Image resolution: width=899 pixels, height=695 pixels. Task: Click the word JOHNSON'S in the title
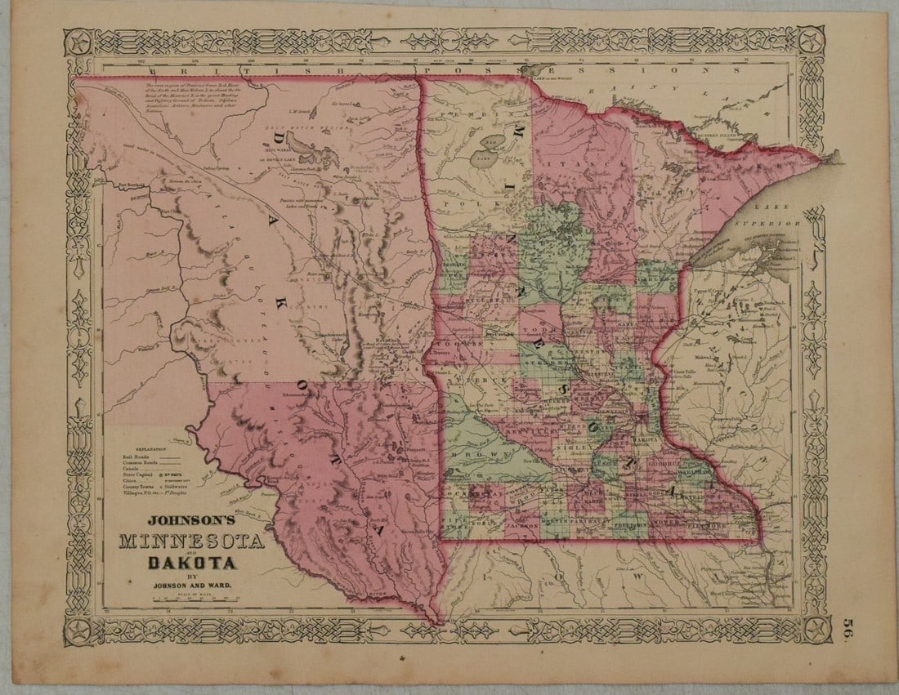pos(190,519)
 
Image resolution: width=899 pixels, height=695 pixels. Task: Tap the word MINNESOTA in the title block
pos(191,541)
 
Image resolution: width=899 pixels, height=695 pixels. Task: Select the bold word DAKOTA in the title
pos(192,562)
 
